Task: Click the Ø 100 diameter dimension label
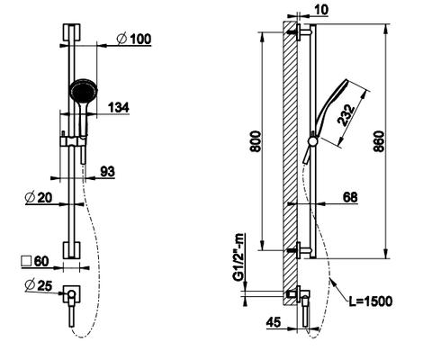[x=134, y=39]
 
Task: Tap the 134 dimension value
[x=118, y=107]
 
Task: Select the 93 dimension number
[x=107, y=171]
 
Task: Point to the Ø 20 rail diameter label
[x=39, y=197]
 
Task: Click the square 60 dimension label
[x=35, y=261]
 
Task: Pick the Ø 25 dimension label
[x=39, y=285]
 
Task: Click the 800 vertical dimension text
[x=256, y=141]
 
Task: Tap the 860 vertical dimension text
[x=379, y=141]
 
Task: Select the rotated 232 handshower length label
[x=346, y=115]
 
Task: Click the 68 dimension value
[x=350, y=197]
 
